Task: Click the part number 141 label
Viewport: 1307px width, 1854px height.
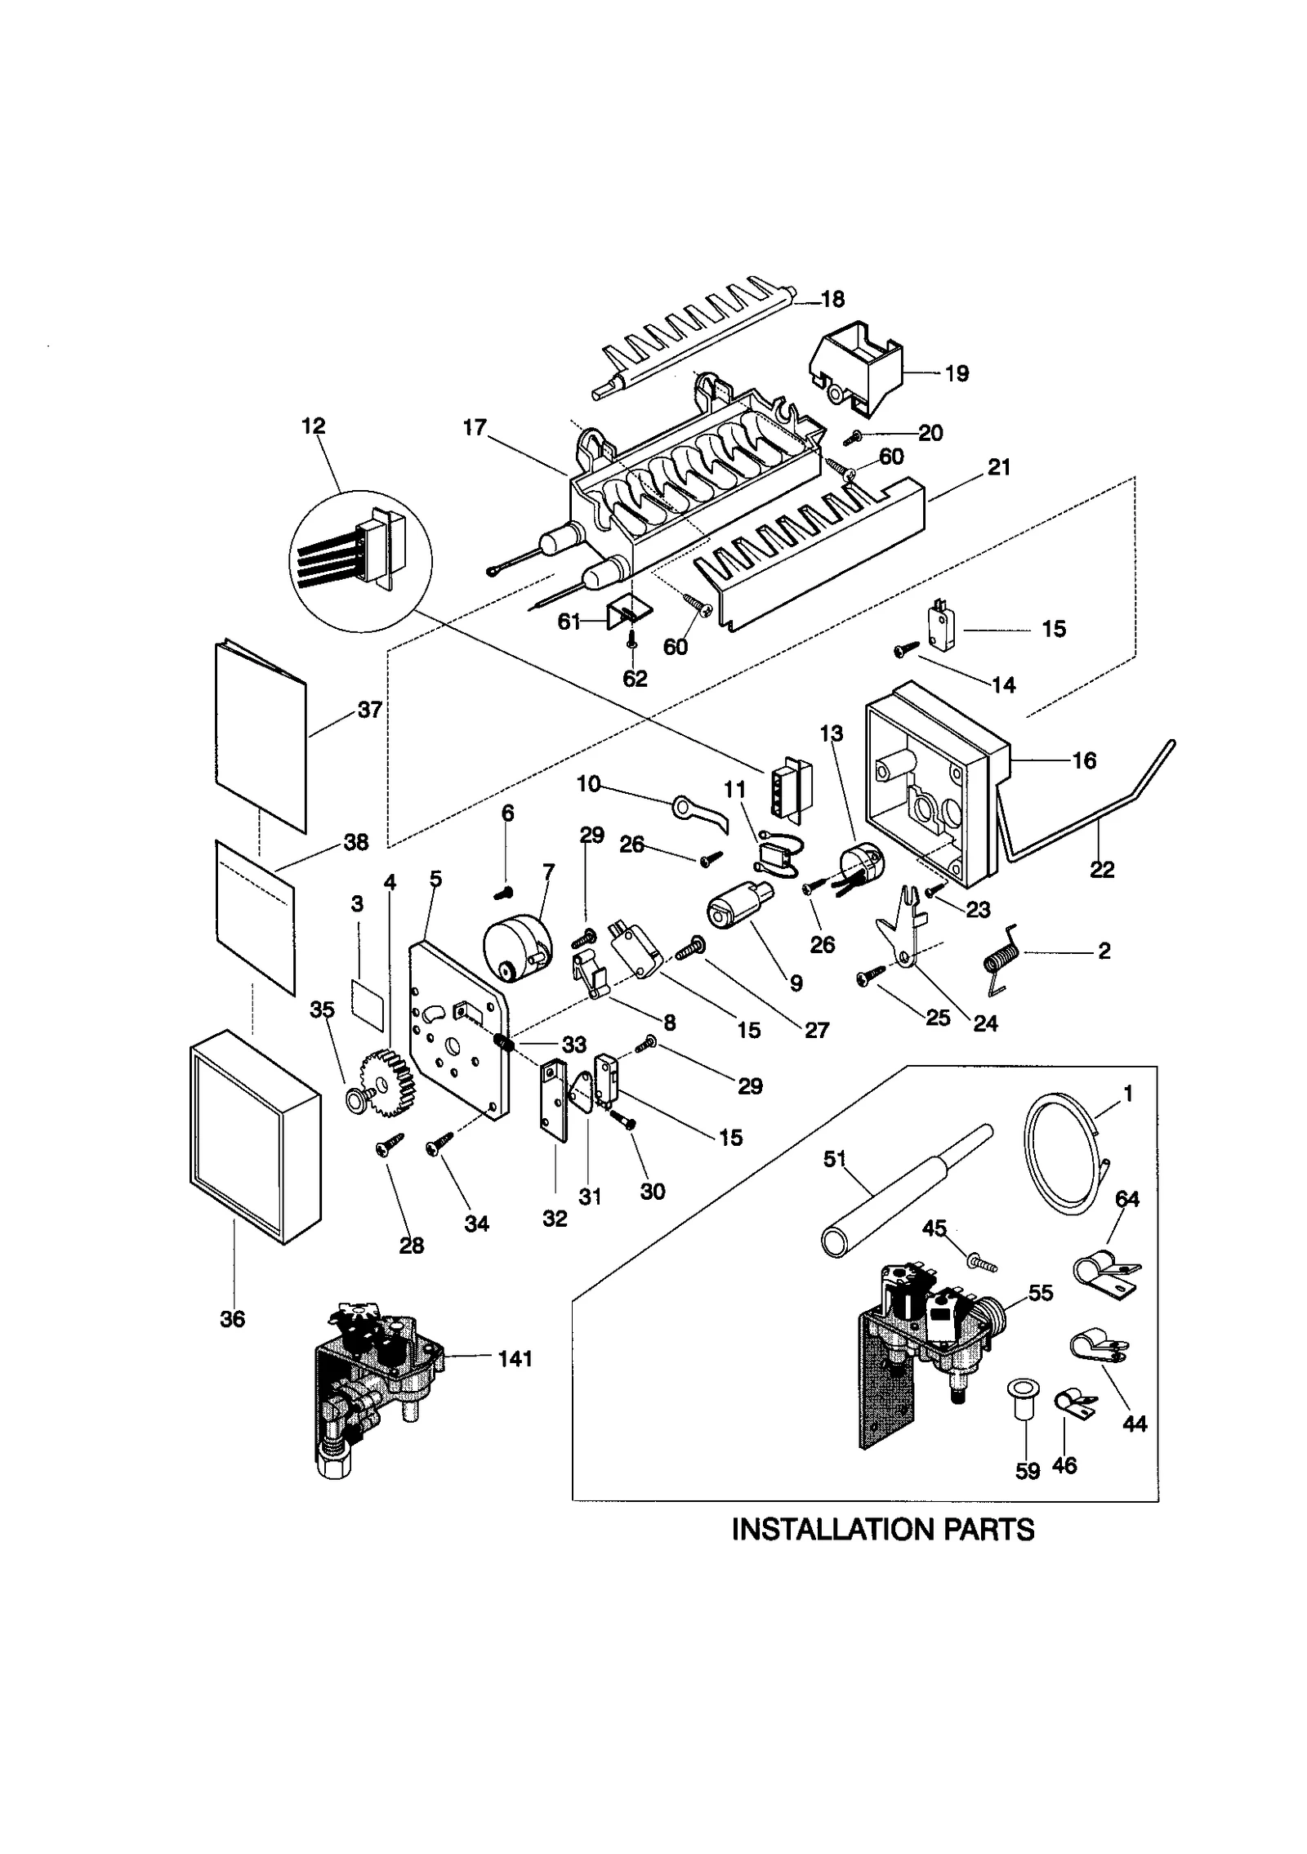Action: (515, 1359)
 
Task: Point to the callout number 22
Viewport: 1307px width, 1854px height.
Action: (1102, 870)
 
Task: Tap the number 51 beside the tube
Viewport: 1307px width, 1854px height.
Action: (835, 1159)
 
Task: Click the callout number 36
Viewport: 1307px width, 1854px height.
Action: (233, 1319)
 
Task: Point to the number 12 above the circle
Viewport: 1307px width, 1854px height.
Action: (313, 426)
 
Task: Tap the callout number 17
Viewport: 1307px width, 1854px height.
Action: (475, 427)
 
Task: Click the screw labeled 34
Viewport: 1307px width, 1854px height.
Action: (437, 1147)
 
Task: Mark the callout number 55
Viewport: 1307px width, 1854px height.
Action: (1041, 1293)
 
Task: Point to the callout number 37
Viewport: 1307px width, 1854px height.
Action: (369, 710)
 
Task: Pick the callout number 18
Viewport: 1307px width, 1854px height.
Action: (832, 299)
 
